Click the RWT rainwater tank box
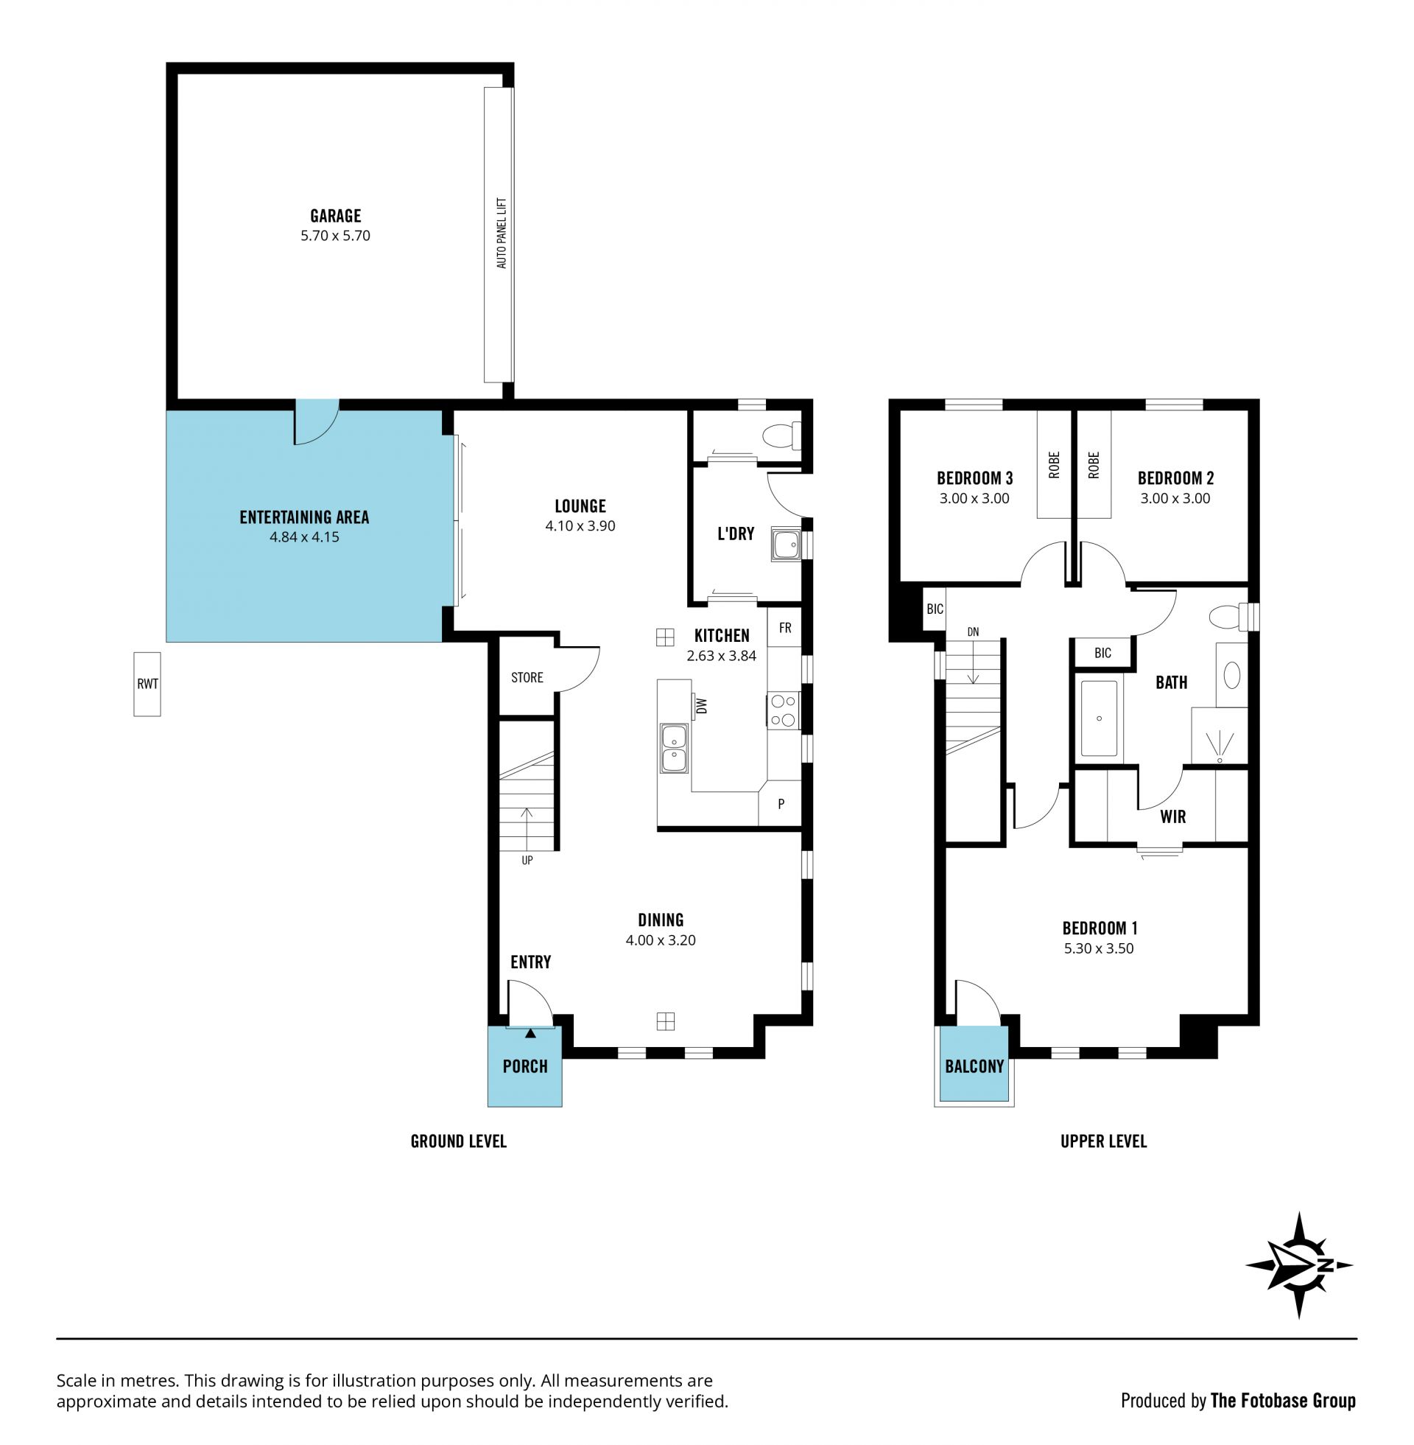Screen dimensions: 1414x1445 (x=147, y=685)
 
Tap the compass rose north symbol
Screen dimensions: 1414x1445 (x=1299, y=1266)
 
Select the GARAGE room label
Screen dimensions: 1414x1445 (x=336, y=216)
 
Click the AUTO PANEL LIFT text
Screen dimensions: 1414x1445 (x=502, y=233)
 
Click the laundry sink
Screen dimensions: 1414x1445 (x=784, y=545)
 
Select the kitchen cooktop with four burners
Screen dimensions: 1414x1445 (x=784, y=710)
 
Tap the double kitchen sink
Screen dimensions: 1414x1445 (x=674, y=748)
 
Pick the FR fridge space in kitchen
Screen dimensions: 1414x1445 (x=785, y=628)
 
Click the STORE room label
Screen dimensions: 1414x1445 (x=527, y=678)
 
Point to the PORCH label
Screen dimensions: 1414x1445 (x=525, y=1066)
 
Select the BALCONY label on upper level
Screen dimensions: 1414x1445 (x=974, y=1066)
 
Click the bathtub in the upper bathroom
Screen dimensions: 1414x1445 (x=1099, y=718)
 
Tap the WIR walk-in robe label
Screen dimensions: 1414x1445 (x=1172, y=817)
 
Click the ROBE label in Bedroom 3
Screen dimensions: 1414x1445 (x=1055, y=465)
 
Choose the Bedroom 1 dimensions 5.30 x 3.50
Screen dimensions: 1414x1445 (x=1099, y=949)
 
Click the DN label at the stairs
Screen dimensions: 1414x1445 (x=973, y=632)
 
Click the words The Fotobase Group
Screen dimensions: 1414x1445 (x=1284, y=1401)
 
